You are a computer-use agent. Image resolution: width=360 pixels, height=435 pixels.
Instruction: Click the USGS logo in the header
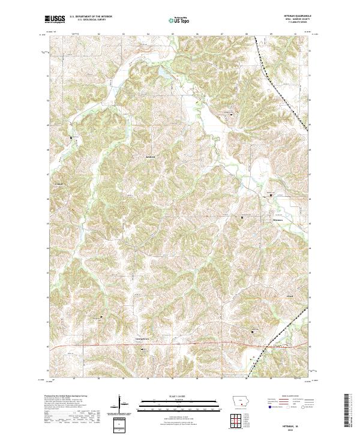point(55,20)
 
